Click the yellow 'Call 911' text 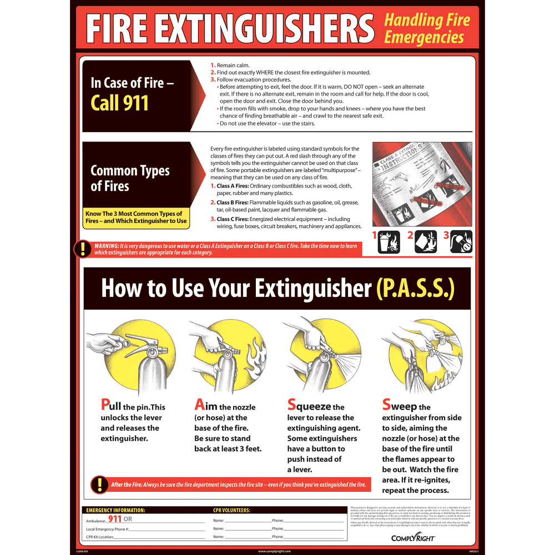[x=120, y=103]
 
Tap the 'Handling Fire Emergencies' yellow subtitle [x=427, y=29]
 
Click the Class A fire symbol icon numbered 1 [x=389, y=241]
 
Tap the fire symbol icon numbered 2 [x=426, y=241]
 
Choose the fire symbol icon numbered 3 [x=461, y=241]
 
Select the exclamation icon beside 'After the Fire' [x=99, y=485]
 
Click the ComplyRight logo [x=405, y=537]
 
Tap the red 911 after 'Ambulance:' [x=115, y=519]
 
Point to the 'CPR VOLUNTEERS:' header [x=231, y=510]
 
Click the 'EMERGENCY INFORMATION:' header [x=116, y=510]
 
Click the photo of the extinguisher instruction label [x=422, y=183]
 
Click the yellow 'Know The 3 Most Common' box [x=136, y=218]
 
